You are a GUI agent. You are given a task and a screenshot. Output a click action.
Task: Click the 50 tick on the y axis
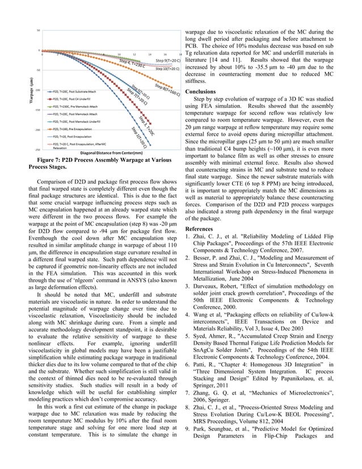[38, 30]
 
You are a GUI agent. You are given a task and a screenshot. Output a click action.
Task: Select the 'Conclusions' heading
[200, 91]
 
